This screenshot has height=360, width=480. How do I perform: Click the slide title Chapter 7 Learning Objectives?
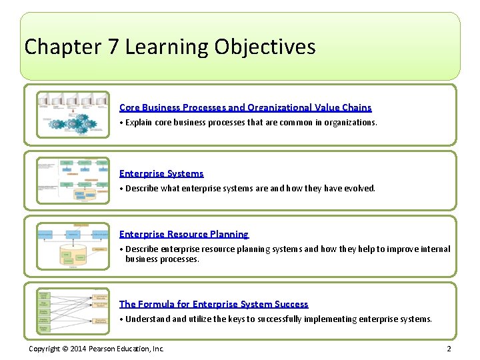tap(169, 47)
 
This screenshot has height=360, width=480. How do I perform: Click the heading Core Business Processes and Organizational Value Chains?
tap(245, 107)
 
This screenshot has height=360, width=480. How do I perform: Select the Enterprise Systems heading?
tap(161, 173)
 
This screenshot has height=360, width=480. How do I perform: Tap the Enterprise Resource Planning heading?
tap(183, 234)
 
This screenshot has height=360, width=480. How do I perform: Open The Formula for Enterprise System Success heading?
tap(213, 304)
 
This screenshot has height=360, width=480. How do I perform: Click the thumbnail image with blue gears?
tap(73, 114)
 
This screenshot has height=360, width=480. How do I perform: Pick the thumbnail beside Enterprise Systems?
tap(73, 180)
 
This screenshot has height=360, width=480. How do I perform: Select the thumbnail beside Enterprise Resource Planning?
tap(73, 245)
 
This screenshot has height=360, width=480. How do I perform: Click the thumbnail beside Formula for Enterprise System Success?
tap(73, 311)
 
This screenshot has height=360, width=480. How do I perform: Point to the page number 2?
tap(449, 349)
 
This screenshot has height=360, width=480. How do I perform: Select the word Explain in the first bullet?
tap(139, 123)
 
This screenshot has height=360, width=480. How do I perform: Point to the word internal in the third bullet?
tap(437, 249)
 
